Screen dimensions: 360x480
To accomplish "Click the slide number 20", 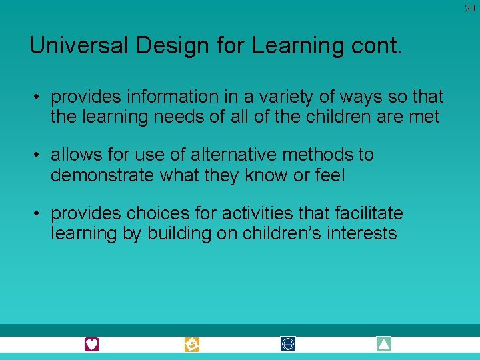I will point(470,7).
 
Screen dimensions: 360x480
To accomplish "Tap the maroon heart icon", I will point(91,345).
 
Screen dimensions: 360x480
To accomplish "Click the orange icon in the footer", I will point(191,345).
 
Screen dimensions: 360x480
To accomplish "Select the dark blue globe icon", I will point(288,344).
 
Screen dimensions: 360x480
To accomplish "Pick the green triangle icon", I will point(383,344).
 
